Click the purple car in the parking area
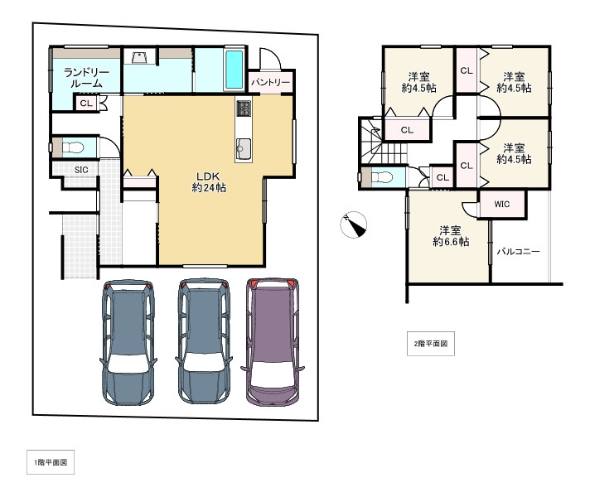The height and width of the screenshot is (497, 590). pyautogui.click(x=272, y=342)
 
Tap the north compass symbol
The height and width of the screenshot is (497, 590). pyautogui.click(x=354, y=224)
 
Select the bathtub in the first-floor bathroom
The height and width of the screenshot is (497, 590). pyautogui.click(x=234, y=70)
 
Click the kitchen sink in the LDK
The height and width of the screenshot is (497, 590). pyautogui.click(x=244, y=149)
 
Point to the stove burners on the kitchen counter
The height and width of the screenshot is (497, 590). pyautogui.click(x=244, y=109)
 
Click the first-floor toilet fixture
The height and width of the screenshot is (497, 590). pyautogui.click(x=72, y=147)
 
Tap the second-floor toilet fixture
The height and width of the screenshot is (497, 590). pyautogui.click(x=381, y=176)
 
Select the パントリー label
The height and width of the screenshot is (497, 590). pyautogui.click(x=270, y=82)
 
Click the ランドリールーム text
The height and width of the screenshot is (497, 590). pyautogui.click(x=86, y=78)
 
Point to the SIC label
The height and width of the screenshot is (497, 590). pyautogui.click(x=81, y=170)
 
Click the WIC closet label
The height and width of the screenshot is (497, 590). pyautogui.click(x=501, y=205)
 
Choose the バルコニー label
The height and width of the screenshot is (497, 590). pyautogui.click(x=518, y=251)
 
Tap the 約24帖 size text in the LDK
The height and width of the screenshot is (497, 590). pyautogui.click(x=209, y=187)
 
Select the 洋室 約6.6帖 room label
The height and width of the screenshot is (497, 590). pyautogui.click(x=451, y=236)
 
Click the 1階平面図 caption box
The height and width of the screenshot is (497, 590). pyautogui.click(x=51, y=462)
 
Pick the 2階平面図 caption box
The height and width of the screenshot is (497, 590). pyautogui.click(x=431, y=344)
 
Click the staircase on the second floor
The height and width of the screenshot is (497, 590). pyautogui.click(x=383, y=142)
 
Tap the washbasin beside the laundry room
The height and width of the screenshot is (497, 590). pyautogui.click(x=139, y=57)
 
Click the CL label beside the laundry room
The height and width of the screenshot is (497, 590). pyautogui.click(x=86, y=103)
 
